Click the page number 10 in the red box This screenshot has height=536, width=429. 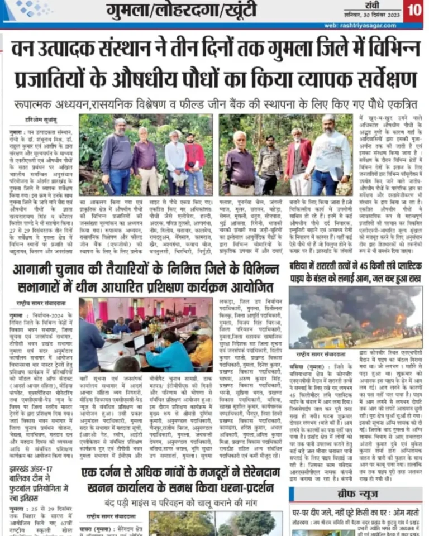tap(413, 10)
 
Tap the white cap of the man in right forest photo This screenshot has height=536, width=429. tap(328, 118)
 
